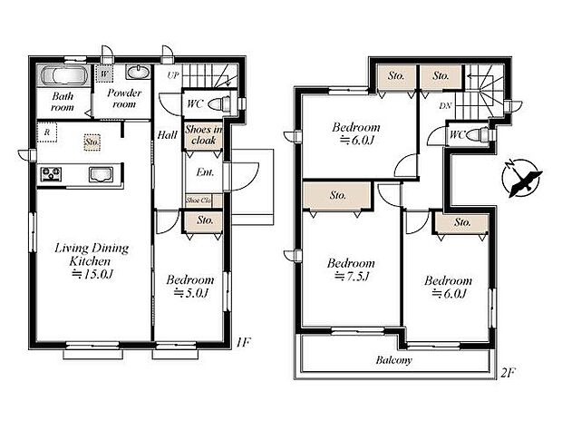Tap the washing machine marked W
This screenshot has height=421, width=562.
[105, 73]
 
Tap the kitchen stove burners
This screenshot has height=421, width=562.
[51, 173]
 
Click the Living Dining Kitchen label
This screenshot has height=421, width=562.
[91, 261]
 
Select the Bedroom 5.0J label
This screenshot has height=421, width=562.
[190, 287]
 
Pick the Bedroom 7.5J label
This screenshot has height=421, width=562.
[351, 270]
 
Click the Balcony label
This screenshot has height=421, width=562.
[393, 360]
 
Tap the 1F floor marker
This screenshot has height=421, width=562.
[244, 343]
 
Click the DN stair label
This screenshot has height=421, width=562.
[444, 107]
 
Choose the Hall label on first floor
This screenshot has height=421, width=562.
[168, 134]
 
